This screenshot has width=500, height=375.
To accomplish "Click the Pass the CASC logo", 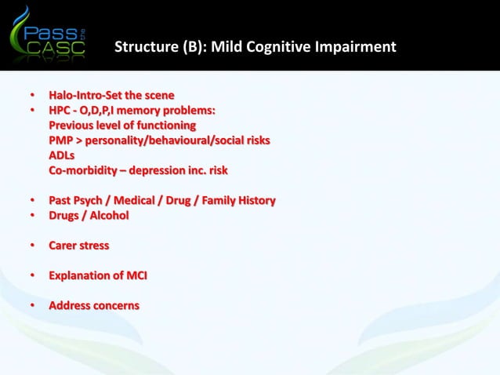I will tap(49, 36).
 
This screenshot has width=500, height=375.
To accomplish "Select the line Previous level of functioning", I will tap(122, 126).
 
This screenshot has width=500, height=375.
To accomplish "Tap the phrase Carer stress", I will tap(79, 246).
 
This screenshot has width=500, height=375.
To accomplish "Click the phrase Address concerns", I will tap(94, 305).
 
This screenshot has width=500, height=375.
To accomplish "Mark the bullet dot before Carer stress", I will tap(33, 246).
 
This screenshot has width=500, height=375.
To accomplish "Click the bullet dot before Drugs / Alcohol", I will tap(33, 215).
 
